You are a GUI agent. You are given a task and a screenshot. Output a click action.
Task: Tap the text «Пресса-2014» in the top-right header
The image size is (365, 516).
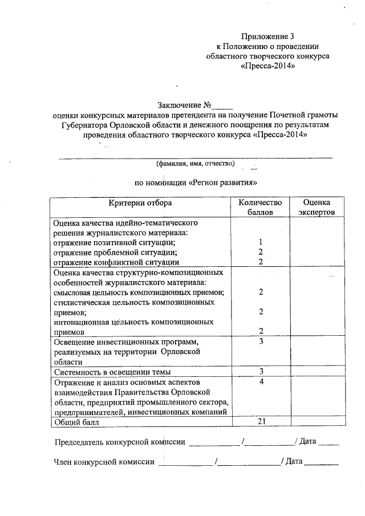click(x=267, y=67)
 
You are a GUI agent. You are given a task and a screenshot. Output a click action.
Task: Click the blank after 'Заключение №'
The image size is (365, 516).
click(x=224, y=105)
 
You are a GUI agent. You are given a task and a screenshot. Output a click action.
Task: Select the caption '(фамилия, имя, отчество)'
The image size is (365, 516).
click(x=196, y=164)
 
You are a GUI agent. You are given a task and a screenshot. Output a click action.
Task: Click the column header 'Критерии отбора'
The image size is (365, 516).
click(x=140, y=203)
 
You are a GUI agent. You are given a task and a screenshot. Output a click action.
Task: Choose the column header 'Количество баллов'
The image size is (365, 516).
click(x=260, y=208)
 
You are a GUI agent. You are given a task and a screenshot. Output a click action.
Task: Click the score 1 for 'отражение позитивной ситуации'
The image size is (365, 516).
click(x=260, y=242)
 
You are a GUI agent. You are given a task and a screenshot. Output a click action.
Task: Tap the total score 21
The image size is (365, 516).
click(x=260, y=421)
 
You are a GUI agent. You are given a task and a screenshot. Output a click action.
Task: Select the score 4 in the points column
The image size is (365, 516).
click(x=260, y=381)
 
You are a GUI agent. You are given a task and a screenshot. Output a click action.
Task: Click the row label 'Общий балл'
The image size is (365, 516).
click(x=76, y=422)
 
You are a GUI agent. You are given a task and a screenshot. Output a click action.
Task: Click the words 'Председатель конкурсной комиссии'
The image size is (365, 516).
click(x=120, y=442)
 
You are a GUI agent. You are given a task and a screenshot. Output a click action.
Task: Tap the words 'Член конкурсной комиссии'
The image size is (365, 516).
click(x=104, y=461)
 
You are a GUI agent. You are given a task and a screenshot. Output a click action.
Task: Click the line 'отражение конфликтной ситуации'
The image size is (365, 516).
click(x=113, y=262)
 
